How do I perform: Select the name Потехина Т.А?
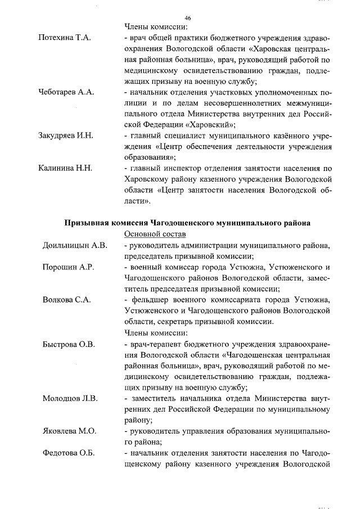coord(64,38)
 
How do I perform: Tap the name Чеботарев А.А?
coord(65,92)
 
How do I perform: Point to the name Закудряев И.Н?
coord(66,136)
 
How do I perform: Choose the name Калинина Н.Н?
coord(65,168)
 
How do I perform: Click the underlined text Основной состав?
coord(155,234)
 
